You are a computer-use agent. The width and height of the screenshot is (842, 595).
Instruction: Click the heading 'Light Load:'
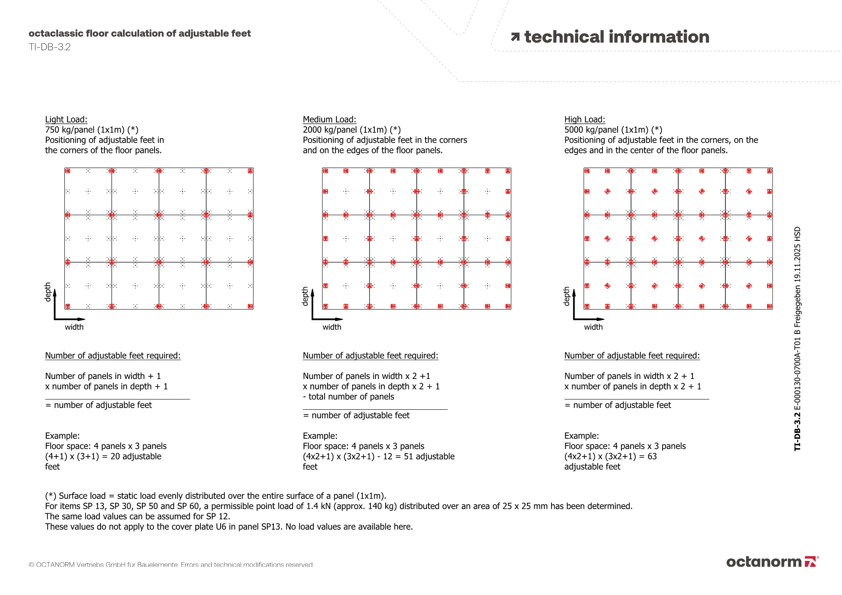(x=66, y=120)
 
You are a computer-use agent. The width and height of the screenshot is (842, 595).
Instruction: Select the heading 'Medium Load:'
(x=329, y=120)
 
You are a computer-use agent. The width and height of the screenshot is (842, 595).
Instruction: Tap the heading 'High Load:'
(x=584, y=120)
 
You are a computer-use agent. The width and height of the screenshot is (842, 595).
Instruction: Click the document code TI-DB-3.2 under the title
(x=50, y=47)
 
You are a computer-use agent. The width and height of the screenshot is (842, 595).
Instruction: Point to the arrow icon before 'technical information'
(x=515, y=37)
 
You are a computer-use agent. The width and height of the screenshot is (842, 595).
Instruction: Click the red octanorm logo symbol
(x=810, y=562)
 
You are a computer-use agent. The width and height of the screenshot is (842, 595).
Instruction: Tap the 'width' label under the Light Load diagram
(x=74, y=327)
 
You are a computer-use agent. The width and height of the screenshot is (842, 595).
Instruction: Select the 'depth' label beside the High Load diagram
(x=567, y=296)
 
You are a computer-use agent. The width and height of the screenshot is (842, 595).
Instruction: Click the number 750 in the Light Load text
(x=53, y=130)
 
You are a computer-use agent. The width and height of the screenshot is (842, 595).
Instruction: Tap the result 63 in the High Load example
(x=652, y=456)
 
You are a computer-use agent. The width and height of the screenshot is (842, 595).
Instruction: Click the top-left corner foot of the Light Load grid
(x=67, y=171)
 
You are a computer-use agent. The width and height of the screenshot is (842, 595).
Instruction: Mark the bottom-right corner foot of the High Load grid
(x=770, y=306)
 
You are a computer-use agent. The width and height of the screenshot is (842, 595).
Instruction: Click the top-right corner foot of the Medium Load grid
(x=508, y=171)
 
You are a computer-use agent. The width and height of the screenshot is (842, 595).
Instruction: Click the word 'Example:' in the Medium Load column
(x=320, y=436)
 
